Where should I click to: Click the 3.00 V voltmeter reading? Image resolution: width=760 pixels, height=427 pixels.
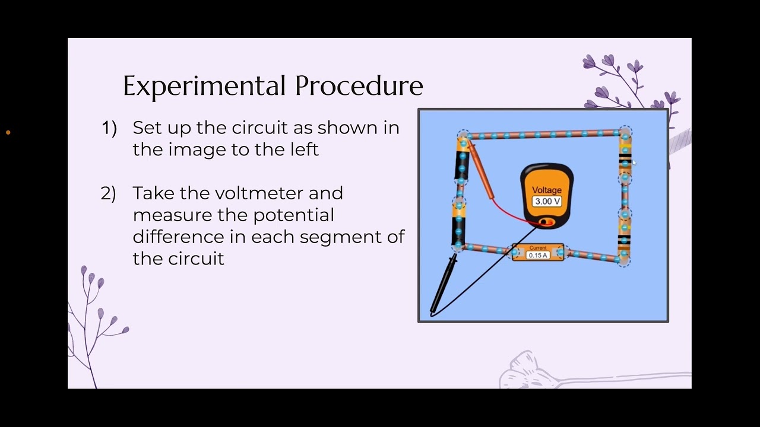click(547, 202)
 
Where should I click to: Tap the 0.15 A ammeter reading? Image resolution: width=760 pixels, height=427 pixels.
click(538, 256)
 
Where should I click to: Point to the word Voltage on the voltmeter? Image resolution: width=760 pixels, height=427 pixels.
click(547, 190)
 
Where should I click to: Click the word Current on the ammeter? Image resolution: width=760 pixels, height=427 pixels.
click(538, 248)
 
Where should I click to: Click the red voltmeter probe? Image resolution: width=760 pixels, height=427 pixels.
click(480, 170)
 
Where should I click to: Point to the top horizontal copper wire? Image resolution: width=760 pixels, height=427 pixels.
click(543, 135)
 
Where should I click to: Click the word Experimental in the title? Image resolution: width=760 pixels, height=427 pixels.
click(205, 86)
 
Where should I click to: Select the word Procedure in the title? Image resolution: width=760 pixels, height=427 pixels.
click(359, 86)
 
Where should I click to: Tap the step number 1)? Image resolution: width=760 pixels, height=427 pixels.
click(109, 128)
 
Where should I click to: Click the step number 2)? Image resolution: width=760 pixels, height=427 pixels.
click(109, 193)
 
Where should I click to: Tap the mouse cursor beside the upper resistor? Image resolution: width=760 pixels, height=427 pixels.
click(634, 162)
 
